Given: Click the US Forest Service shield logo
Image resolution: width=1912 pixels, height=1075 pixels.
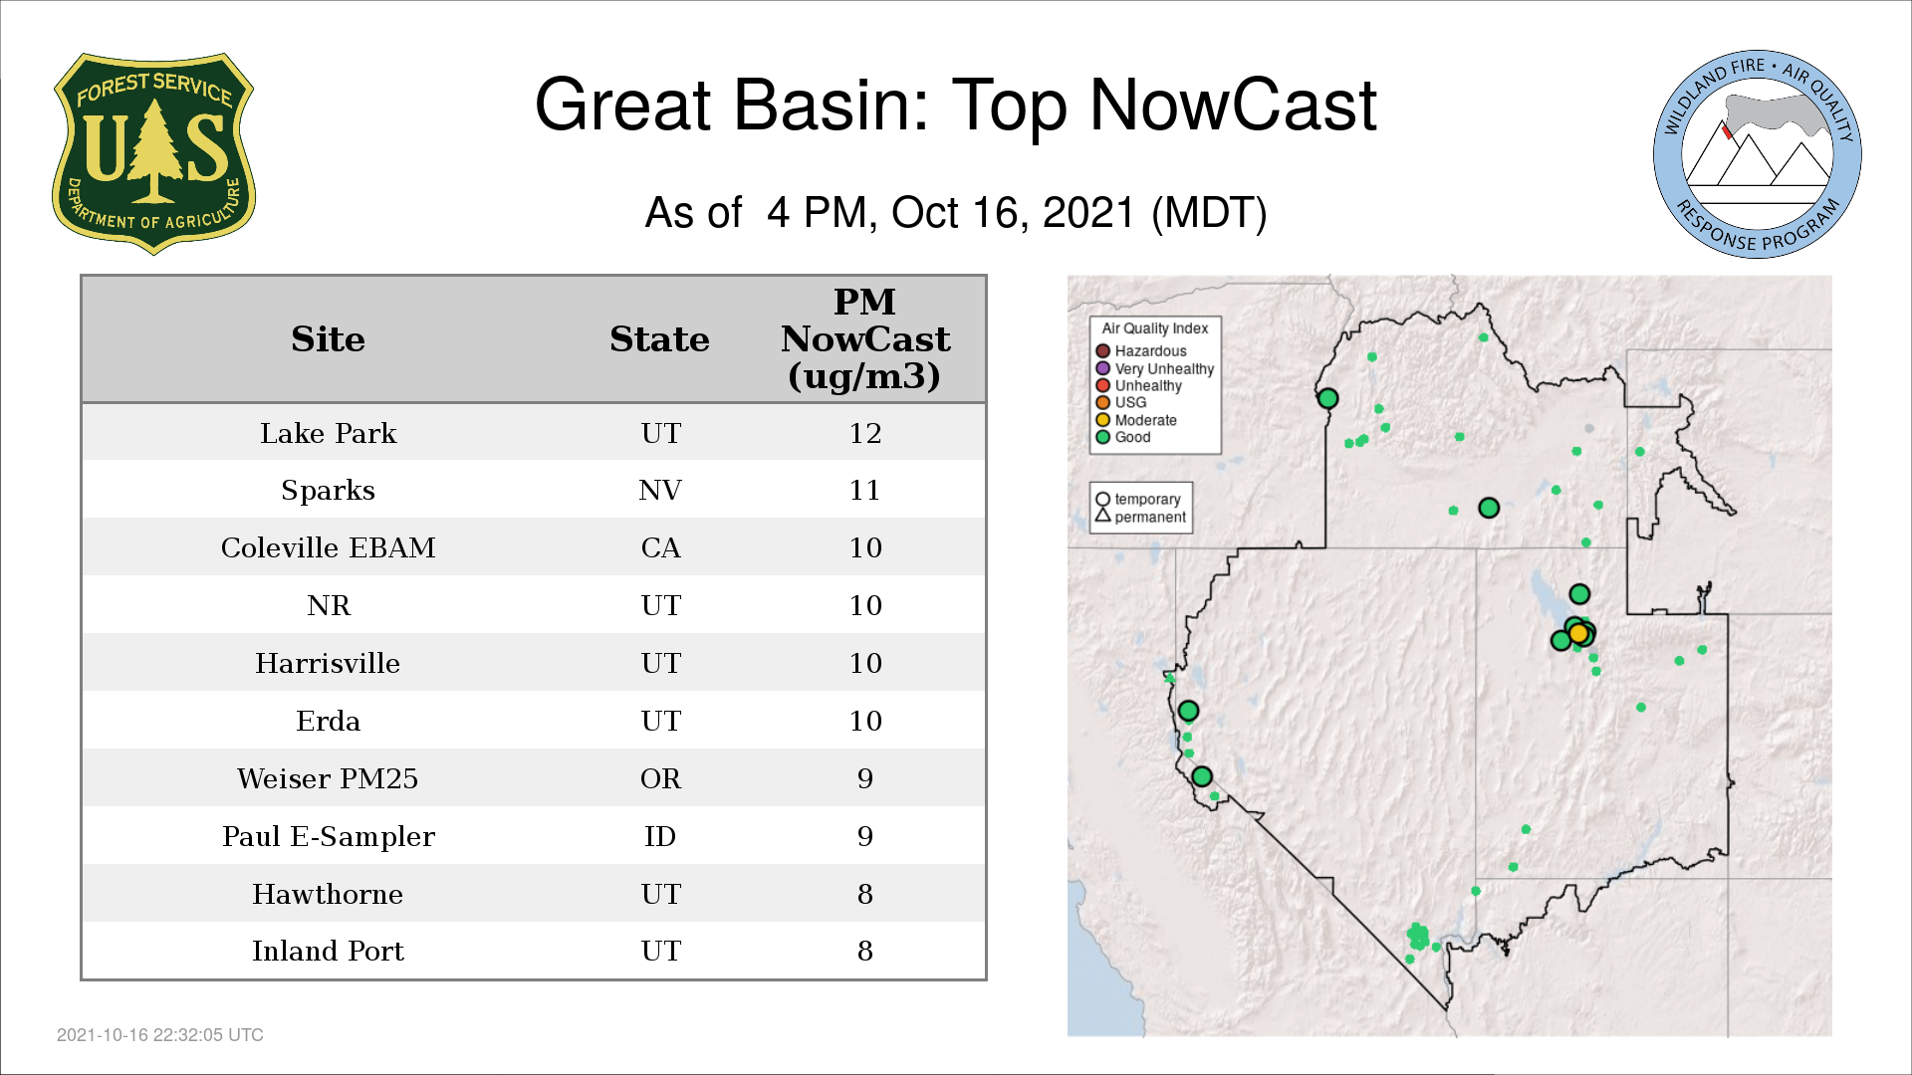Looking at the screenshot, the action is (153, 153).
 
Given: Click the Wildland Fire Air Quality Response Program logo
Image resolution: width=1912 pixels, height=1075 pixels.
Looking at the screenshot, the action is (1758, 154).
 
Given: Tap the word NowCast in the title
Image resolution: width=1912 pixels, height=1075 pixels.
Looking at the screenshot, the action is (1233, 105).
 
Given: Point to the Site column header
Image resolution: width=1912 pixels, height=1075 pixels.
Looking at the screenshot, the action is (328, 339).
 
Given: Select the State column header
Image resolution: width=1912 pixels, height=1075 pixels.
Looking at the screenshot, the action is (659, 339).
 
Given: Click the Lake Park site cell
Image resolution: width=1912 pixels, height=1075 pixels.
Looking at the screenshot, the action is (328, 433).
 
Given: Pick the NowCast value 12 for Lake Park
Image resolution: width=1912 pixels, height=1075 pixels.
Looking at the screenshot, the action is (865, 433).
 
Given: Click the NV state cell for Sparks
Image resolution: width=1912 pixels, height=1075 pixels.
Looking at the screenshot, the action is (660, 491).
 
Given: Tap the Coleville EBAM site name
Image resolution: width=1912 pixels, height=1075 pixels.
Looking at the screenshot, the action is (328, 547).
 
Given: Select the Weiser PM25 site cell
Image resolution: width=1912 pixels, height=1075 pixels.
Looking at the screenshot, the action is (328, 778).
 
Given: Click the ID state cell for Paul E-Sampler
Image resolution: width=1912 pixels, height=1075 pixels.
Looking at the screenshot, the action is (660, 836).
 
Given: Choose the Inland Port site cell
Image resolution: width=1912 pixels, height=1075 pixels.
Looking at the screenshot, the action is (328, 952).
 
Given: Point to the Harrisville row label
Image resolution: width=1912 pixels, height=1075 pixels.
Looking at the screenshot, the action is (328, 663).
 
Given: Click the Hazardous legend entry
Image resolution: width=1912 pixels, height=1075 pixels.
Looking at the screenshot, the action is (1141, 351).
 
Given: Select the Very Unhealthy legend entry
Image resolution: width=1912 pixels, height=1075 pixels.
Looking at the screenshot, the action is (1155, 368).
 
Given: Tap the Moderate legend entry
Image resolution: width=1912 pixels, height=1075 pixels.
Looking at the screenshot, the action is (1136, 420).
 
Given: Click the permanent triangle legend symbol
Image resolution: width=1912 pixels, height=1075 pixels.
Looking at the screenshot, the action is (1102, 516).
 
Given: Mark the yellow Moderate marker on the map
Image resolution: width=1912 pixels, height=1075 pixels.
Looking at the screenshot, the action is (1578, 634).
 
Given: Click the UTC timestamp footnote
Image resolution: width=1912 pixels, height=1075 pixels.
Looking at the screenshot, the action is (160, 1035).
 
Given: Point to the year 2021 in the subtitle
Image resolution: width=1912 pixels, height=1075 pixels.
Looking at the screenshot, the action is (1088, 213).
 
